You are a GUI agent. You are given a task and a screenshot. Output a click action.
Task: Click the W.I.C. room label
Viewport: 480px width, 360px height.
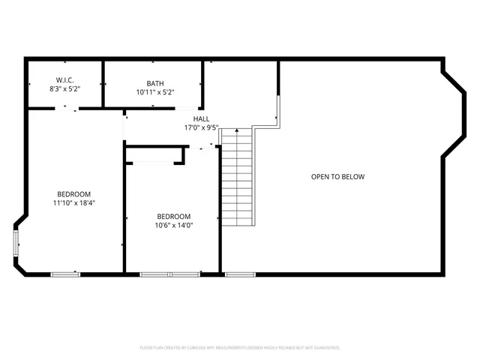[64, 80]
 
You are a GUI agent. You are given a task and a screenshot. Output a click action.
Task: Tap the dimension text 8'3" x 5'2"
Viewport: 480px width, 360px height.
[64, 89]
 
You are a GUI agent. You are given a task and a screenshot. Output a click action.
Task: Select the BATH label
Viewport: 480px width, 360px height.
[155, 83]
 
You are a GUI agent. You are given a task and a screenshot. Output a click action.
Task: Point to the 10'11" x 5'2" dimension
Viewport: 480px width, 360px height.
[155, 92]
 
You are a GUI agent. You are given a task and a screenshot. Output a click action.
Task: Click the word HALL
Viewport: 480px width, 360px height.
[201, 118]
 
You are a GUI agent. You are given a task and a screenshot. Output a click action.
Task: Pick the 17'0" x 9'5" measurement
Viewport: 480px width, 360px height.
[201, 127]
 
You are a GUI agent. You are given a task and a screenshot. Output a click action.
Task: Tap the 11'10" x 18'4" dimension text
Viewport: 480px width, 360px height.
[74, 202]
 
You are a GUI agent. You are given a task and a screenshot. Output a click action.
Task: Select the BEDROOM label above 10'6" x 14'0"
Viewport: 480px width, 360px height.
[173, 216]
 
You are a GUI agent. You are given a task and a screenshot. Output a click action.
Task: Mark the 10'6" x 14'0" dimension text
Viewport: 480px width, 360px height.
[174, 225]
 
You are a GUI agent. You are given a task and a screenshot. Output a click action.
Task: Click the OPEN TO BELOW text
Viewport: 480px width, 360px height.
[337, 177]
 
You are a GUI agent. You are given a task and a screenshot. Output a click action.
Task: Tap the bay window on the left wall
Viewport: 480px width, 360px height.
[16, 243]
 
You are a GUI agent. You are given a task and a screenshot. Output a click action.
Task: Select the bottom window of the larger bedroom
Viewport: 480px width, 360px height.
[65, 274]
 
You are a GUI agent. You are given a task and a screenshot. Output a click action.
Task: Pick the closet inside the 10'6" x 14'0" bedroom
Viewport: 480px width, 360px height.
[155, 154]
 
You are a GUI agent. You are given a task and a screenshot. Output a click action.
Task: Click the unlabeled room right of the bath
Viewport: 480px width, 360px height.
[241, 86]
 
